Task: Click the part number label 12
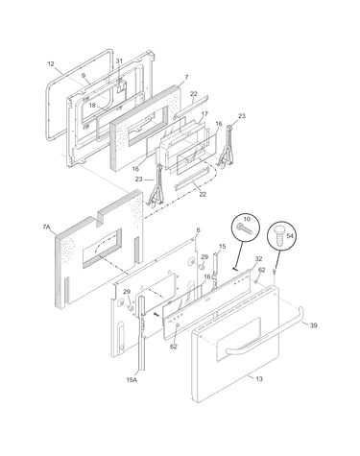click(51, 64)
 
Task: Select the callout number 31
click(119, 60)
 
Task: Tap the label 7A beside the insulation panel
click(47, 228)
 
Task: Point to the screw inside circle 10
click(246, 228)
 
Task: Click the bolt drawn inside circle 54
click(278, 238)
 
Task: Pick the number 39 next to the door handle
click(313, 325)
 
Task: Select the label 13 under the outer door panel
click(259, 379)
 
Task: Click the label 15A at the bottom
click(132, 380)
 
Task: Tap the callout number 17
click(204, 114)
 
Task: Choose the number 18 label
click(92, 106)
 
